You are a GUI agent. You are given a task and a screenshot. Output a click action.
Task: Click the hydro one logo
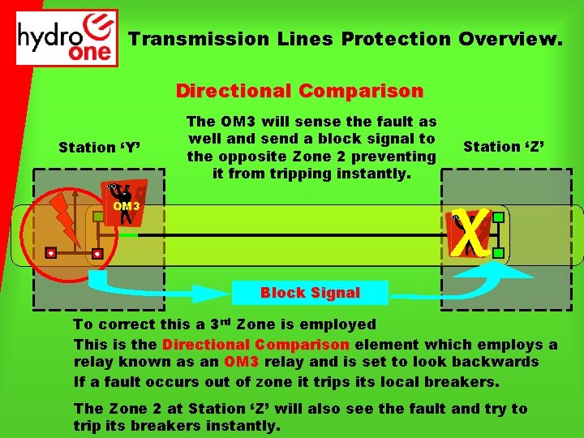67,37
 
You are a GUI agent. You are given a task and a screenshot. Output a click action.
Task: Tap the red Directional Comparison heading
299,90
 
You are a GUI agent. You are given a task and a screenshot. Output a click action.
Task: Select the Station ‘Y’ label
99,148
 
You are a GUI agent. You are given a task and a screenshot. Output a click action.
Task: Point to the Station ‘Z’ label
503,147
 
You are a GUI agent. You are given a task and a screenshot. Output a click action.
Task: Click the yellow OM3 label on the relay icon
127,205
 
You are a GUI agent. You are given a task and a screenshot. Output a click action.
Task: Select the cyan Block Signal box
310,293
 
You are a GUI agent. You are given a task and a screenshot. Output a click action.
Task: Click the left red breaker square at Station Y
51,253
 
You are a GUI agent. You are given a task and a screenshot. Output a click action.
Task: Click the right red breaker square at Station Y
97,254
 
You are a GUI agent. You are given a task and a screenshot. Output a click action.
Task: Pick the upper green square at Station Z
498,217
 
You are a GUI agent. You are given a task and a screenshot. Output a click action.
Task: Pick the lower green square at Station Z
498,253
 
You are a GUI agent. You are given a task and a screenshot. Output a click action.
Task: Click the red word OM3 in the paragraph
243,362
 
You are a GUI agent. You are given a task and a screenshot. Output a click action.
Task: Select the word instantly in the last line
245,425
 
